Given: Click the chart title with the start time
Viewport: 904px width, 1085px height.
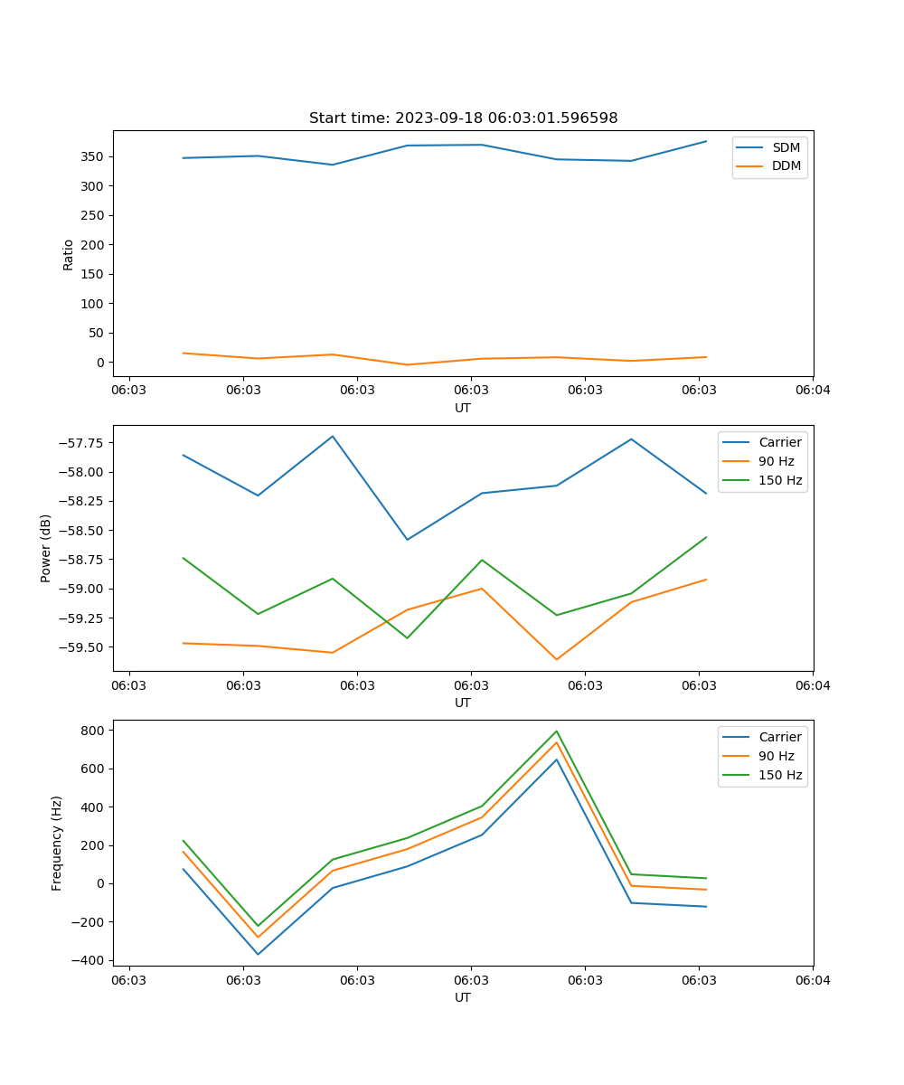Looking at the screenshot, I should click(463, 118).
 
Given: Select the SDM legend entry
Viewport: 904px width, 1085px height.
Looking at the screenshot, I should click(786, 147).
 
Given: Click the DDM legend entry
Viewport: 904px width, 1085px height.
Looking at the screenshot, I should click(786, 165).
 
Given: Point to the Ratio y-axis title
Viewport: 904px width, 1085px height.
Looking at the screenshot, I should click(69, 254).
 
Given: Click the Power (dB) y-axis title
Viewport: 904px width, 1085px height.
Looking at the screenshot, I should click(46, 548).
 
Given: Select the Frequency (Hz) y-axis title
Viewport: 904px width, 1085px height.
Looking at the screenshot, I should click(57, 843).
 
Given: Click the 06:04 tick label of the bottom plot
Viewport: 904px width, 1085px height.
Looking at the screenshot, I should click(812, 979).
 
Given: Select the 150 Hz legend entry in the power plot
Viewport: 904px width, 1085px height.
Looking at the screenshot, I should click(780, 480).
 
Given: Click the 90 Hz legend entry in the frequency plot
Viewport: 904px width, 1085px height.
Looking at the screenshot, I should click(777, 756).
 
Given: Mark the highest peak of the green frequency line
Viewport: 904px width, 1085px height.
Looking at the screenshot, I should click(556, 731).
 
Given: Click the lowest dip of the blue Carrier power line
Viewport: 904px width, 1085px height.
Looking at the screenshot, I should click(407, 540).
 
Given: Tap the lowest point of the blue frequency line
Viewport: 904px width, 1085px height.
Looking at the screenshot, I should click(258, 954).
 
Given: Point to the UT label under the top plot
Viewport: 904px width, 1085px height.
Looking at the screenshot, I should click(463, 408).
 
